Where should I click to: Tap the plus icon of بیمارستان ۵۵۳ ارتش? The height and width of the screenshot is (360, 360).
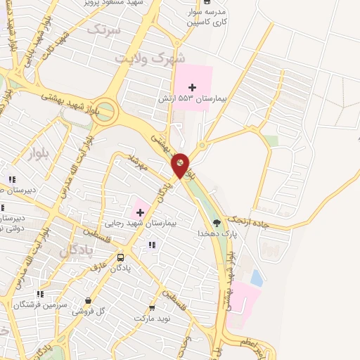coord(193,86)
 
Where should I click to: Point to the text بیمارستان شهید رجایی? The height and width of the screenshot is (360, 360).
coord(152,222)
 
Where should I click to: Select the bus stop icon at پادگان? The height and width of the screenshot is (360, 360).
coord(120,257)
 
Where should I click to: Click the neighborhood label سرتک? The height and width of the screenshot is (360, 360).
coord(105,30)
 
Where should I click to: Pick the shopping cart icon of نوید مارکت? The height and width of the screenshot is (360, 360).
coord(152,307)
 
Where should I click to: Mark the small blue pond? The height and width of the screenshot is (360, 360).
coord(257,278)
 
